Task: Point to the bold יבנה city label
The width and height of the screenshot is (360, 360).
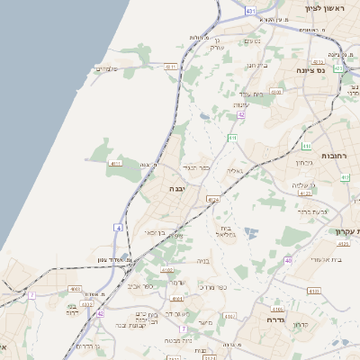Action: (176, 189)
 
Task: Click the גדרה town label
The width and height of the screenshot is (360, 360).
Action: (276, 319)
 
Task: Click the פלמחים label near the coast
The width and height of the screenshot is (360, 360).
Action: (107, 68)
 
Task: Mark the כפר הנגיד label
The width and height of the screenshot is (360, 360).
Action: (196, 167)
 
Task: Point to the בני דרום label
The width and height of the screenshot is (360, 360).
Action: (74, 310)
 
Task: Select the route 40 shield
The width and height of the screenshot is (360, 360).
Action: (288, 260)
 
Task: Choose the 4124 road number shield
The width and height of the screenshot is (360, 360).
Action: (212, 199)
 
